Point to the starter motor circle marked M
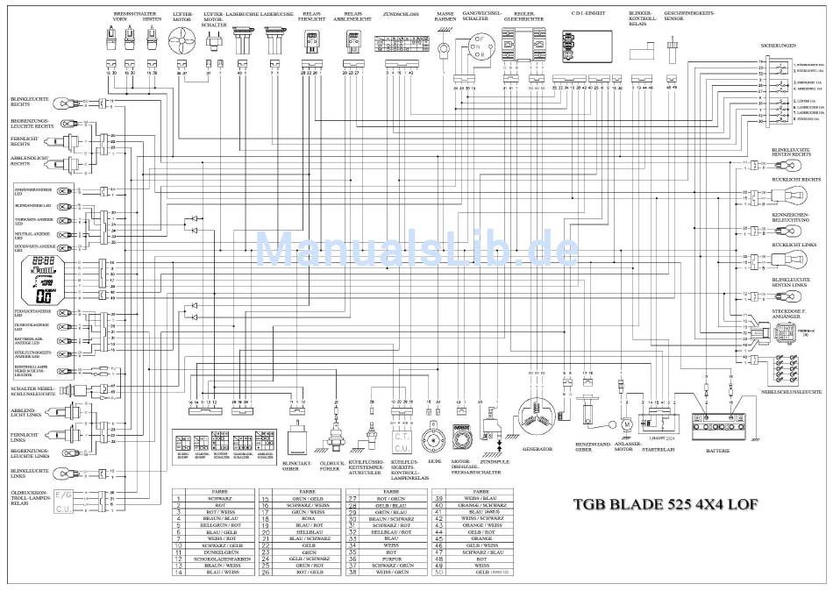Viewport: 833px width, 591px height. [x=627, y=424]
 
